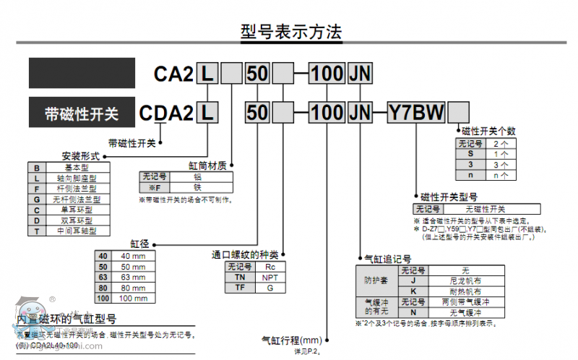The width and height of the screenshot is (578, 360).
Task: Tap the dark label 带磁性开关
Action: (81, 113)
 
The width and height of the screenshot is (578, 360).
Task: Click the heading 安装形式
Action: (80, 155)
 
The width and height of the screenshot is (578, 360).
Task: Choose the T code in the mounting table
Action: (36, 231)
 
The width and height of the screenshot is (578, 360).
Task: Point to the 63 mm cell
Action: (132, 277)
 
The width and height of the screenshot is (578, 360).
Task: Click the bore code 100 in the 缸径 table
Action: (103, 298)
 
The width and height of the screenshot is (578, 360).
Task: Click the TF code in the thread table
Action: (240, 287)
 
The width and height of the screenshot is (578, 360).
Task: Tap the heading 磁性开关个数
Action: (488, 131)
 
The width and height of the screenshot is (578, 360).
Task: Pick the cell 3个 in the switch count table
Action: (500, 165)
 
